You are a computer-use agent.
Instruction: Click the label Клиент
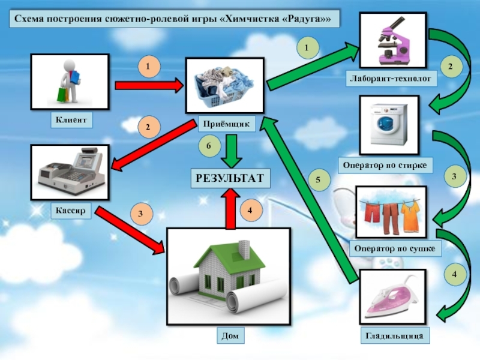point(72,121)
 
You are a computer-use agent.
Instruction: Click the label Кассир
point(71,211)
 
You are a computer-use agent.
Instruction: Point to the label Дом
point(229,336)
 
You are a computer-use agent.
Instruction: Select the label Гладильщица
point(395,336)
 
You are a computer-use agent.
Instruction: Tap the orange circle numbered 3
point(140,213)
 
